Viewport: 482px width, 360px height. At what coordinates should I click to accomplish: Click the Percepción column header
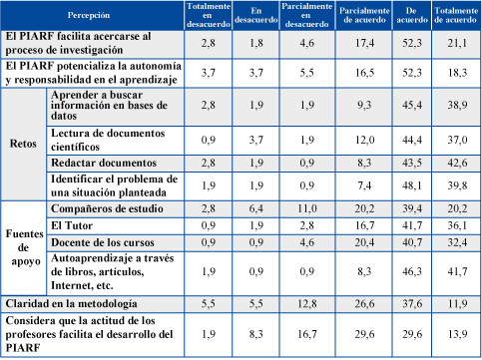(x=89, y=15)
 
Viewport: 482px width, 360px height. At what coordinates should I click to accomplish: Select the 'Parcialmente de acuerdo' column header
(x=364, y=15)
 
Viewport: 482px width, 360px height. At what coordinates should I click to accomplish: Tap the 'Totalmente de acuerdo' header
(x=456, y=15)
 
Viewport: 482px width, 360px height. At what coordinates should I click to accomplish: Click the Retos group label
(x=23, y=144)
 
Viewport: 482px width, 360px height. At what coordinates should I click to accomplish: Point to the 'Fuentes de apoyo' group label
(x=24, y=247)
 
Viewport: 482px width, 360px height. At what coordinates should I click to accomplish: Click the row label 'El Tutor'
(x=72, y=225)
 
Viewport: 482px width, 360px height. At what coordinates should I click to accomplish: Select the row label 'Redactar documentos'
(x=104, y=163)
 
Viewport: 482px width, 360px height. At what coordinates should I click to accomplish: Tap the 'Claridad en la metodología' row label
(x=71, y=304)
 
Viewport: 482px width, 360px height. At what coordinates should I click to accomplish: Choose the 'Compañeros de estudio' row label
(x=107, y=208)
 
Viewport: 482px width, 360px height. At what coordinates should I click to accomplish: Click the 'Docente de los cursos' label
(x=103, y=242)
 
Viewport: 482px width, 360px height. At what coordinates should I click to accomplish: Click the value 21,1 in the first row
(x=457, y=43)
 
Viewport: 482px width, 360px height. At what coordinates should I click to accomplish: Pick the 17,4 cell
(x=364, y=43)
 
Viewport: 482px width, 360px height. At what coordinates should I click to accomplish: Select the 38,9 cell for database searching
(x=457, y=105)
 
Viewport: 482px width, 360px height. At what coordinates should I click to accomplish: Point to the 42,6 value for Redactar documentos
(x=457, y=163)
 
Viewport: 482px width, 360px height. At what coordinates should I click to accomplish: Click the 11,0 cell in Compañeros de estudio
(x=307, y=208)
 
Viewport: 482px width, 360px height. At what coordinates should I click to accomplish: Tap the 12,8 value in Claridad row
(x=307, y=304)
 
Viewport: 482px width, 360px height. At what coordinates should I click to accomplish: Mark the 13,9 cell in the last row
(x=457, y=334)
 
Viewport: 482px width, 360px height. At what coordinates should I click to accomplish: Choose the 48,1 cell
(x=412, y=185)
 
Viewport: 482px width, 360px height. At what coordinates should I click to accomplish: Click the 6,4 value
(x=256, y=208)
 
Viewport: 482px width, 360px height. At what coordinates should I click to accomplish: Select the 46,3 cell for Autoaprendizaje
(x=412, y=271)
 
